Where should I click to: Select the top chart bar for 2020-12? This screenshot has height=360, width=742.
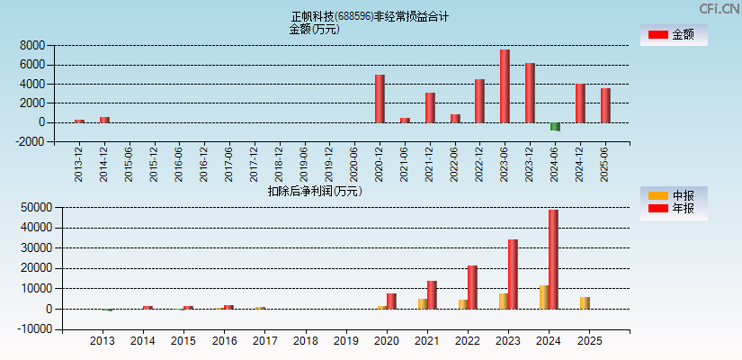click(380, 98)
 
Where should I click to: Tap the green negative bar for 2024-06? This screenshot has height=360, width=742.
click(555, 127)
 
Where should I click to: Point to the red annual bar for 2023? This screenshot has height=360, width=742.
click(513, 274)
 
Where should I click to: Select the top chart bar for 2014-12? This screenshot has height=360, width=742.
click(104, 120)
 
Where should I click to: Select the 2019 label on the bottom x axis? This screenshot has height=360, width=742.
click(345, 342)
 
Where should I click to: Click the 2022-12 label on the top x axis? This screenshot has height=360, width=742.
click(480, 163)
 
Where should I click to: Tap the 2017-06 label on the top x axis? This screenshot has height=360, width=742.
click(229, 163)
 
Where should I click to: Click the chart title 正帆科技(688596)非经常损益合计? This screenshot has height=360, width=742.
click(370, 16)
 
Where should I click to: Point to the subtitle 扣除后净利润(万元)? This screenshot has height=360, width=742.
click(315, 191)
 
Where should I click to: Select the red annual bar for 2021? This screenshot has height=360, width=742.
click(432, 294)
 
